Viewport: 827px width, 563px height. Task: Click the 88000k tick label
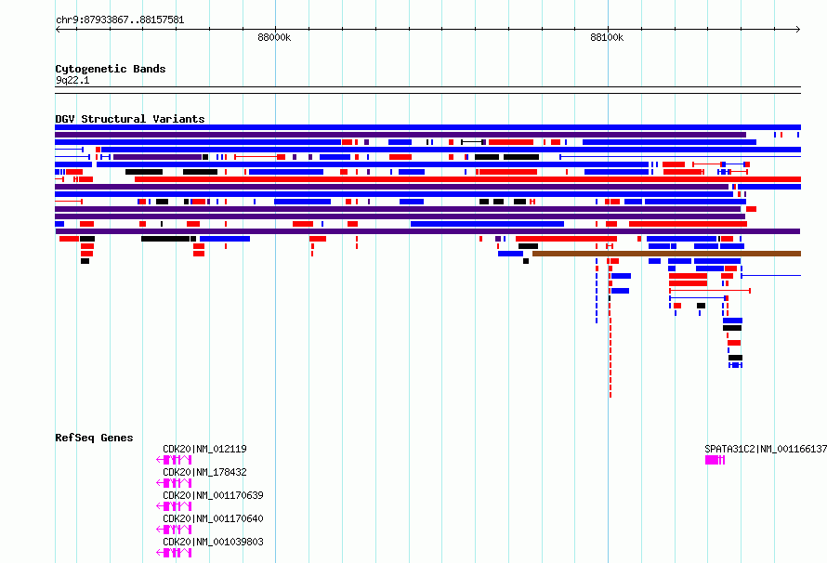(x=274, y=37)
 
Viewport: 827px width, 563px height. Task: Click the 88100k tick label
(x=607, y=37)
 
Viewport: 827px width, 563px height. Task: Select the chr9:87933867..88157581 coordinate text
(x=120, y=20)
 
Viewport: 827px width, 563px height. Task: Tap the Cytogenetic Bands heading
(x=111, y=69)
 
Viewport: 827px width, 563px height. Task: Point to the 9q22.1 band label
(x=72, y=80)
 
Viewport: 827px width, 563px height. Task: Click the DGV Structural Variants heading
(x=130, y=119)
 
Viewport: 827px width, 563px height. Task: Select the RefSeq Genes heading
(x=94, y=438)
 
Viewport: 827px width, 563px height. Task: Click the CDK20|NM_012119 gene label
(x=204, y=449)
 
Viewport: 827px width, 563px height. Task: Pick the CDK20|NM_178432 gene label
(x=204, y=472)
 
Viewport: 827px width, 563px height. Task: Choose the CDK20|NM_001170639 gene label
(x=213, y=495)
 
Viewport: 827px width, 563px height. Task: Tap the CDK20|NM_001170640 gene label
(x=213, y=518)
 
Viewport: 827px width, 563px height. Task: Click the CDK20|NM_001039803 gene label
(x=213, y=542)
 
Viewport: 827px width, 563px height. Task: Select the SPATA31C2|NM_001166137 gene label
(x=766, y=449)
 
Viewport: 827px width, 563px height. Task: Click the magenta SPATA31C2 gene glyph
(x=715, y=460)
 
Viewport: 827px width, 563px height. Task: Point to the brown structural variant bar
(x=666, y=254)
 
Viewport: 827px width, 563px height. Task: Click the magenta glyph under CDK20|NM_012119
(x=174, y=460)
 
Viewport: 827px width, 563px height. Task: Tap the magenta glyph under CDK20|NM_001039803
(x=174, y=553)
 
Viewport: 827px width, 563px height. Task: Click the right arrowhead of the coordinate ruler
(x=798, y=30)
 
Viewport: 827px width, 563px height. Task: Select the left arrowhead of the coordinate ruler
(x=58, y=30)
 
